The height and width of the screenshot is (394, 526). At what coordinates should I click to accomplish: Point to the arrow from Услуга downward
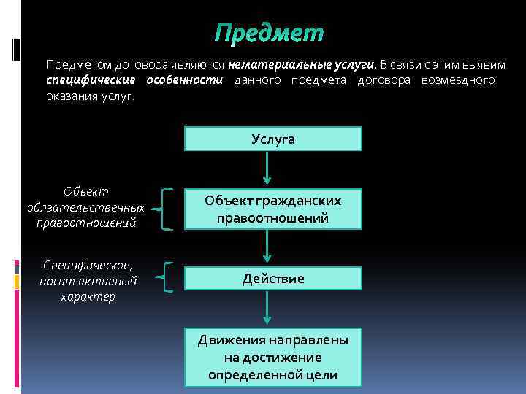pos(268,167)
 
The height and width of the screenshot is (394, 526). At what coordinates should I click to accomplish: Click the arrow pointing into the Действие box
pos(268,249)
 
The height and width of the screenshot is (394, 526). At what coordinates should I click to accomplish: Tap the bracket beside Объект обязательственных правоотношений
pos(167,209)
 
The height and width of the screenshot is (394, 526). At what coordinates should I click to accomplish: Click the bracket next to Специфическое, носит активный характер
pos(168,277)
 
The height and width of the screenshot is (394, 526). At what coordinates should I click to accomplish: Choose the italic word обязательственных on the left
pos(85,207)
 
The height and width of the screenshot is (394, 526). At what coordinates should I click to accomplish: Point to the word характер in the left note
pos(88,297)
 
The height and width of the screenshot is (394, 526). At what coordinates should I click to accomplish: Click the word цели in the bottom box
pos(323,375)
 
